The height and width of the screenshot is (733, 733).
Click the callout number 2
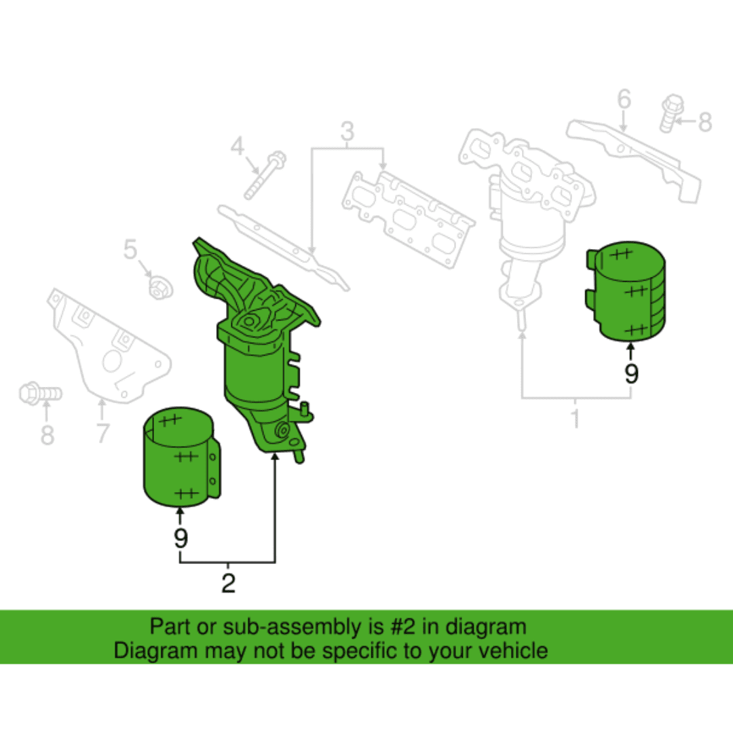(x=228, y=583)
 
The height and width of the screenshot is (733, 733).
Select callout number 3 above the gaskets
(x=347, y=132)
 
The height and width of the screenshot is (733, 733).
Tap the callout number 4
(x=238, y=146)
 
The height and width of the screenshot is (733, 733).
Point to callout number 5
(x=130, y=249)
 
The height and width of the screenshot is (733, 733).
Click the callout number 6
(x=624, y=99)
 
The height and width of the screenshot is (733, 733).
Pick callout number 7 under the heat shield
(x=103, y=433)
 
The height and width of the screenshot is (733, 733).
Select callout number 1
(x=576, y=418)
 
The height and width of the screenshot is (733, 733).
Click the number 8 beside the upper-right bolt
(x=705, y=122)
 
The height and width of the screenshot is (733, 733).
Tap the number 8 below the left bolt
(x=48, y=435)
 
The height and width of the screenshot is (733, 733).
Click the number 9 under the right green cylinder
(x=632, y=373)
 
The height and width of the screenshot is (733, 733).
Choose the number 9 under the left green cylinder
(x=181, y=538)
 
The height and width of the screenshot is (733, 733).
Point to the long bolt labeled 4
(x=265, y=175)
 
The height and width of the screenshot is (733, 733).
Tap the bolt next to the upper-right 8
(x=671, y=113)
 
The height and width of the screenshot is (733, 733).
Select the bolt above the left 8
(x=40, y=394)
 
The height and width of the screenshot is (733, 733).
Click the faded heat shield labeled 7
(x=109, y=346)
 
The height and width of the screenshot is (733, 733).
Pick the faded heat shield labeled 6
(x=634, y=160)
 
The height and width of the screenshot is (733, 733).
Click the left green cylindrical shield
(x=181, y=457)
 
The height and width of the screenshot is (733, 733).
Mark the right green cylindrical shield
(x=626, y=291)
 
